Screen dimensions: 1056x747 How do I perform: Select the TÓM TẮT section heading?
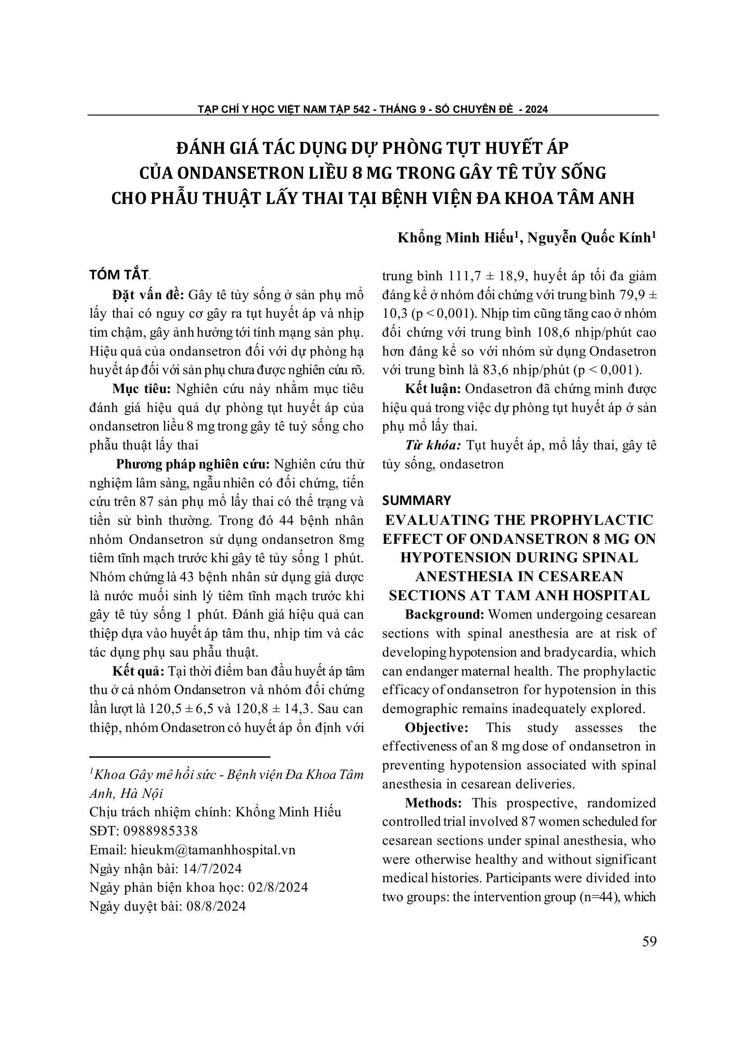click(119, 274)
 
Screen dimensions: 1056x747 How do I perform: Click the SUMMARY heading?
click(416, 500)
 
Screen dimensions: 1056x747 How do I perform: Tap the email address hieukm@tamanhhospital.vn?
click(213, 849)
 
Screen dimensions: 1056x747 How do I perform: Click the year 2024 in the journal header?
click(536, 110)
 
